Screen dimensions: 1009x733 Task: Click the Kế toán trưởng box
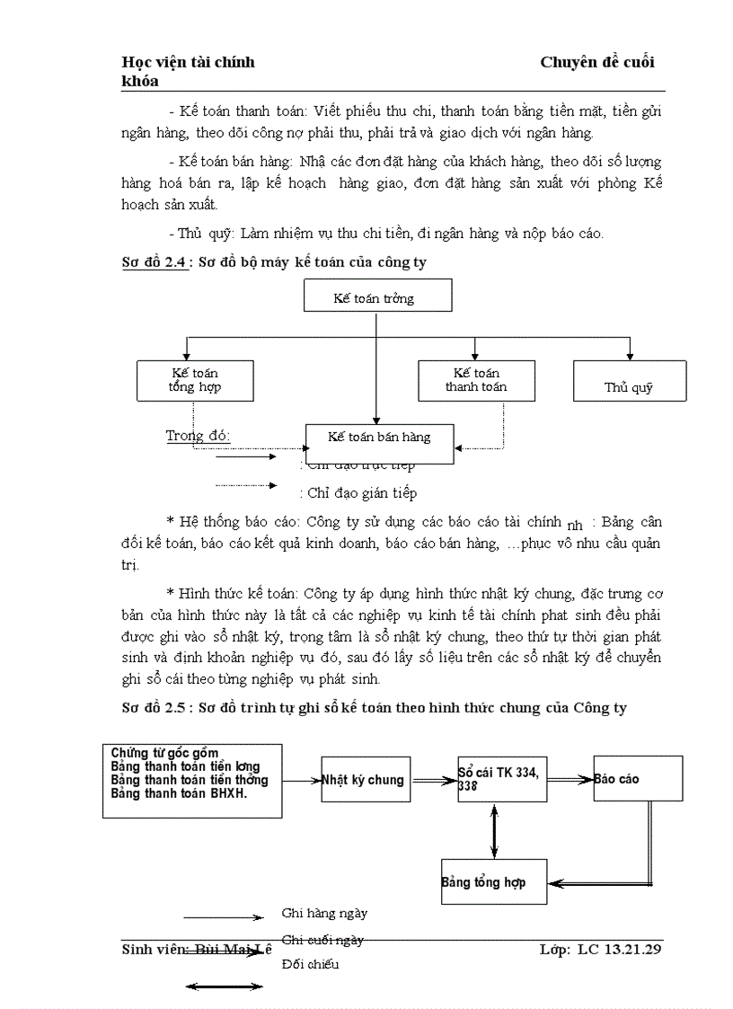(377, 296)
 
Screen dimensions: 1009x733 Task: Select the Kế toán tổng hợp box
(195, 380)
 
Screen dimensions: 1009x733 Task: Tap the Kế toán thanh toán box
(476, 380)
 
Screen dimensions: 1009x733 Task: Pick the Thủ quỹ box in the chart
(630, 380)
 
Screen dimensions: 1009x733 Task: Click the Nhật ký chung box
(365, 779)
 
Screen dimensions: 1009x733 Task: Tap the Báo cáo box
(638, 778)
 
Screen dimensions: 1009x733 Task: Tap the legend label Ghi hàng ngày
(324, 913)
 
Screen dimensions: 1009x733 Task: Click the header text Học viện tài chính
(188, 62)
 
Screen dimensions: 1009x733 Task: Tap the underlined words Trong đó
(198, 436)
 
